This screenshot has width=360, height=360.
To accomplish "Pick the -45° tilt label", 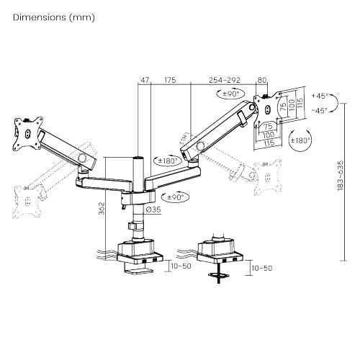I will [320, 110].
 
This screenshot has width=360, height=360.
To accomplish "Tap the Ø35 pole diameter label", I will [152, 210].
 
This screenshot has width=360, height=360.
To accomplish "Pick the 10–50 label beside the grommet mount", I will [261, 267].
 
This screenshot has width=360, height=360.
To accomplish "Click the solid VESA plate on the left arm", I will [25, 132].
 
